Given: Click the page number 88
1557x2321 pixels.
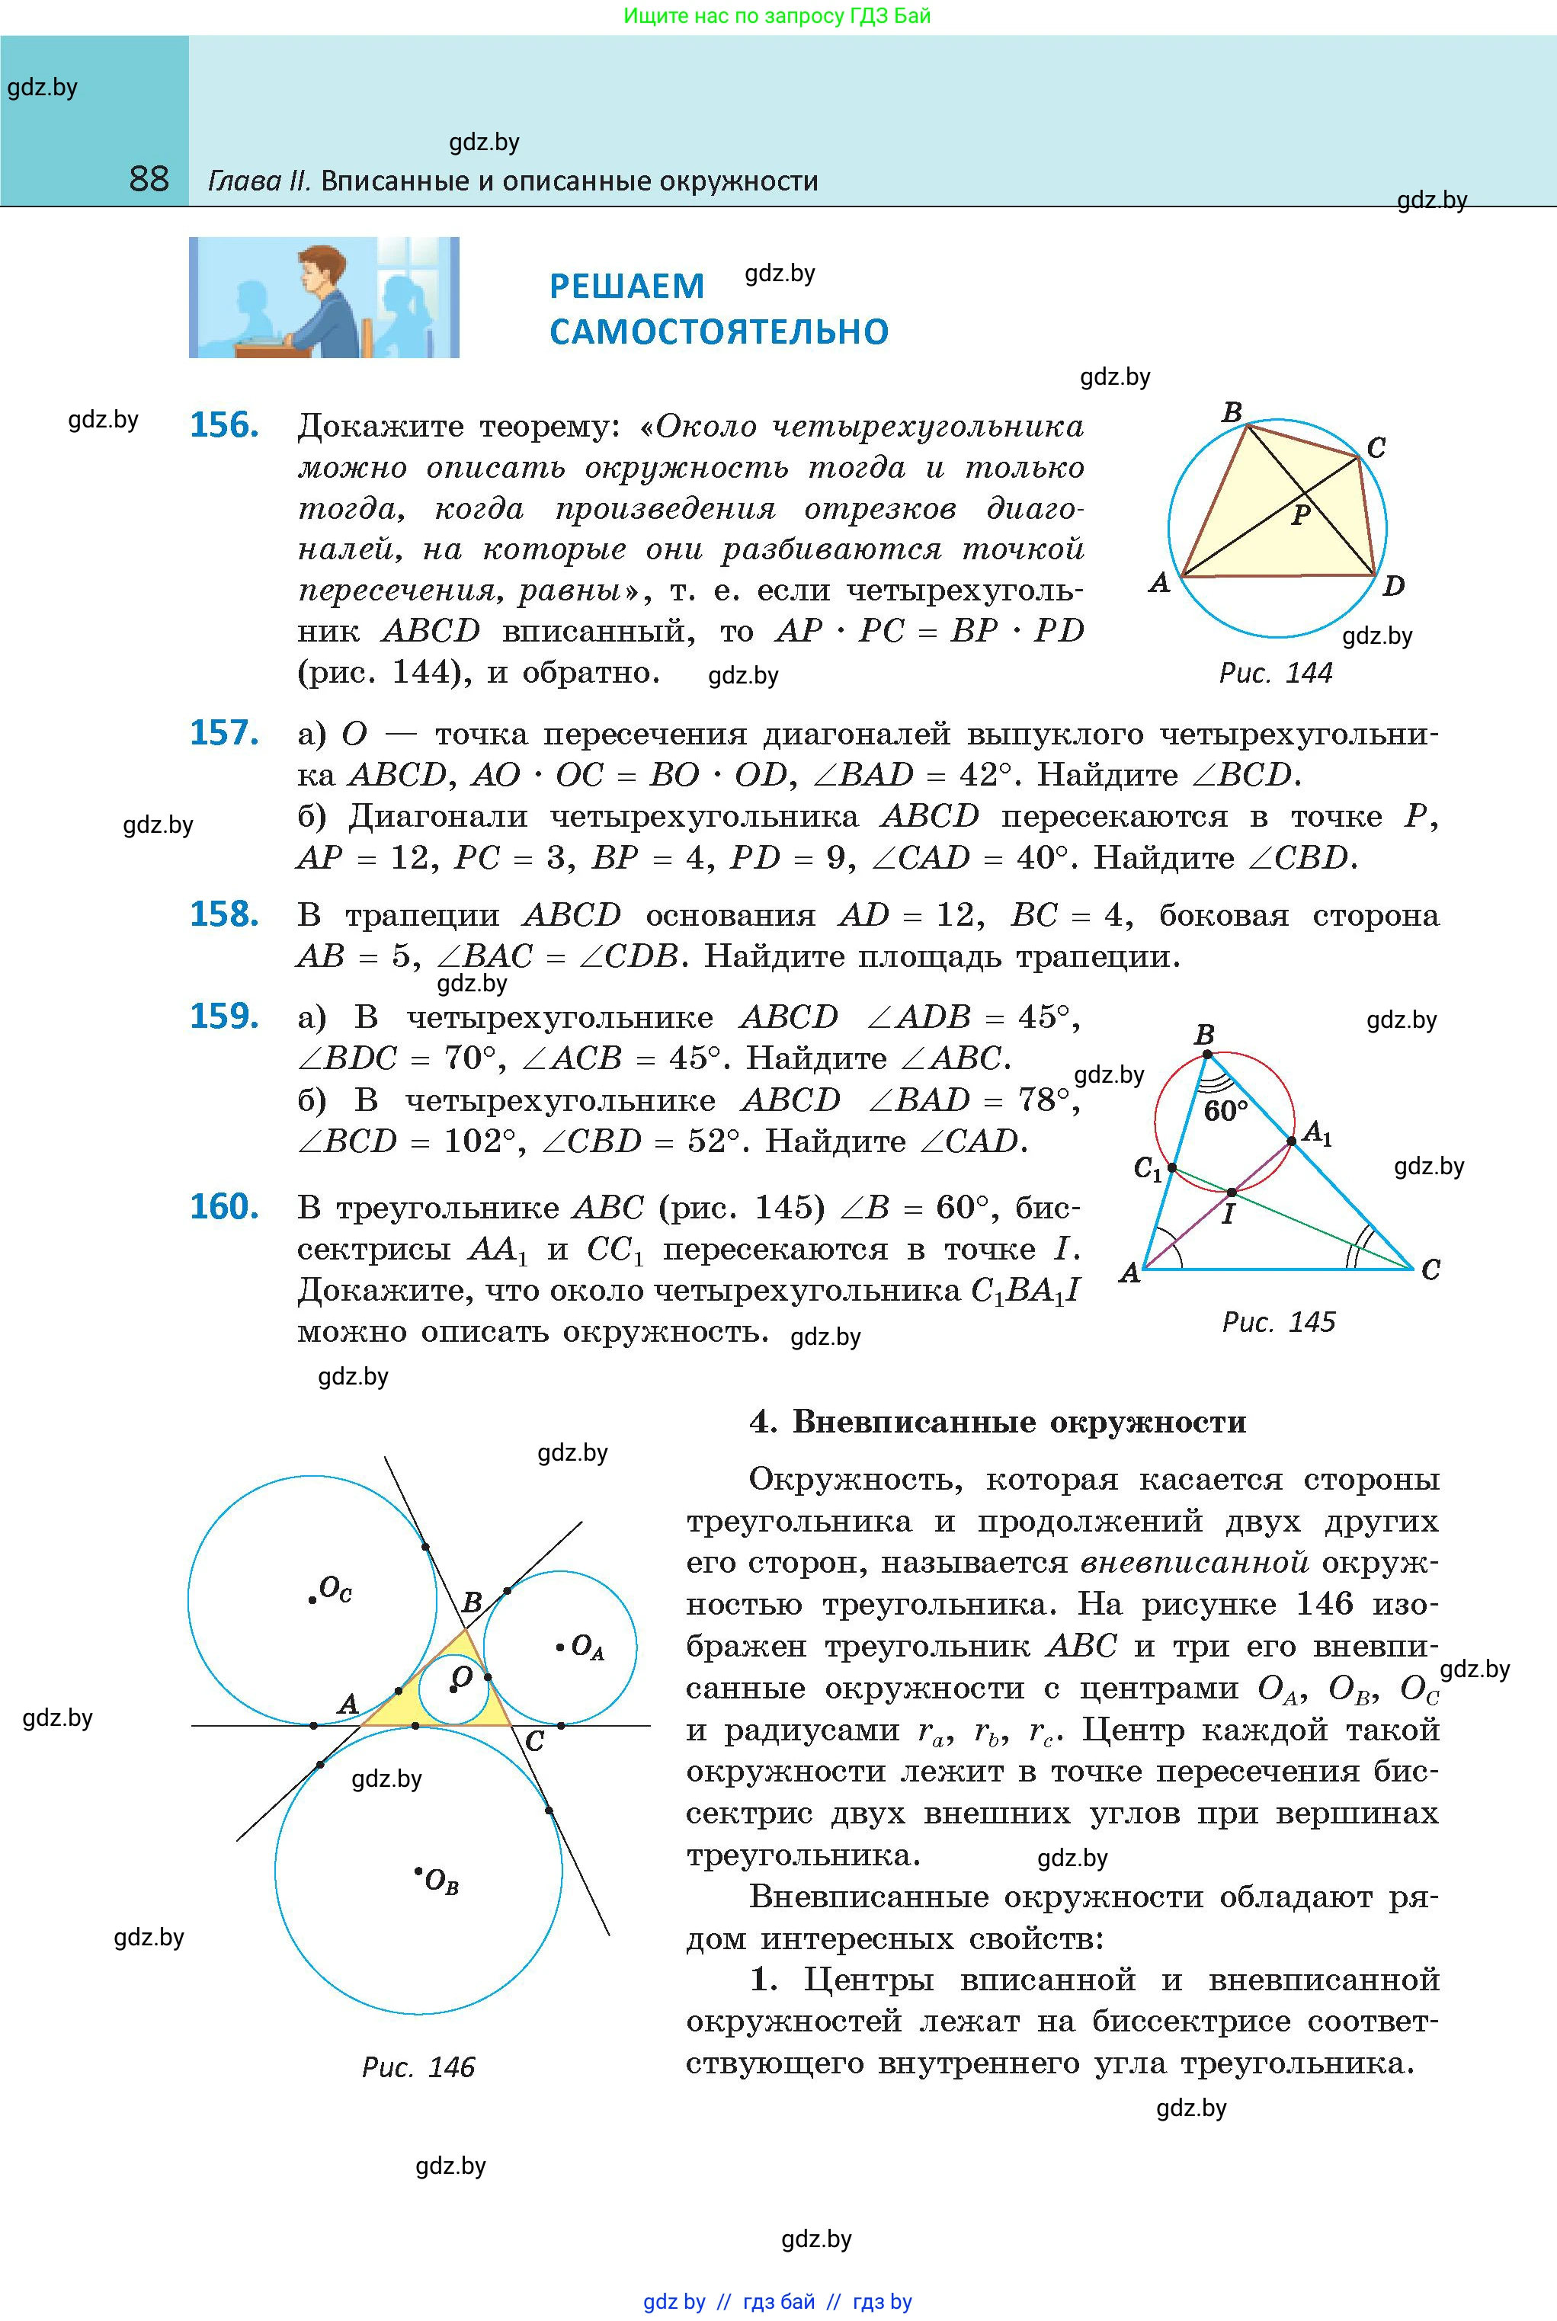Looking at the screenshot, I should (x=149, y=179).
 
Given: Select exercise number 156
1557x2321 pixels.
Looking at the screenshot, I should (x=224, y=425).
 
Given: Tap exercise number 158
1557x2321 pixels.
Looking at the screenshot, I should (x=224, y=914).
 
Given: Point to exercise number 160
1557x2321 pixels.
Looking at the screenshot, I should (x=224, y=1206).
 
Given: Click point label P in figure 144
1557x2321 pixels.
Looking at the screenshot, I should (x=1301, y=514).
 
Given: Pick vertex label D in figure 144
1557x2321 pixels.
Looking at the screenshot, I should (x=1394, y=586).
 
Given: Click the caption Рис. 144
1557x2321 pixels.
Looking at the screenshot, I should (x=1275, y=673).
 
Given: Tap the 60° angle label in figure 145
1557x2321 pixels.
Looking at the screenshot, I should (x=1225, y=1110).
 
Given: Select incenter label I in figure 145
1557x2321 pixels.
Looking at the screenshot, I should (x=1227, y=1213).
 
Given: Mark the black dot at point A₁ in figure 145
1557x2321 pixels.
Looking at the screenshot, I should (x=1292, y=1141).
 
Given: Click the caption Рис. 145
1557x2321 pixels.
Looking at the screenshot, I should (x=1278, y=1321).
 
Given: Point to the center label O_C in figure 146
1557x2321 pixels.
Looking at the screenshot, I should (x=335, y=1590).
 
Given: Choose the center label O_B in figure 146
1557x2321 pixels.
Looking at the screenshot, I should (x=440, y=1881).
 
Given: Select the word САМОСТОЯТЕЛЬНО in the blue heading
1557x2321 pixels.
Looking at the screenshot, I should (x=719, y=331).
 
